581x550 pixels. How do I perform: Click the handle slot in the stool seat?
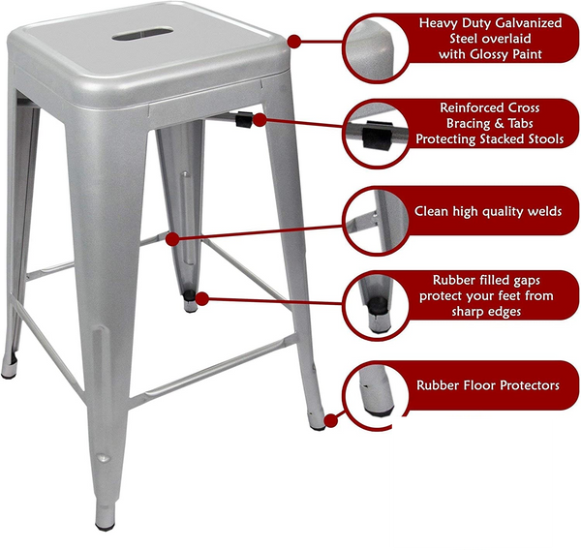[142, 33]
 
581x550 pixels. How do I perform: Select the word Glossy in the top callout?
[489, 54]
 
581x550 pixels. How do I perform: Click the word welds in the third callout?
[544, 211]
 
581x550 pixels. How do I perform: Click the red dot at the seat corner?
[294, 42]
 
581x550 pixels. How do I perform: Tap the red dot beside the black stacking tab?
[260, 120]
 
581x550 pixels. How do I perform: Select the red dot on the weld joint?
[172, 239]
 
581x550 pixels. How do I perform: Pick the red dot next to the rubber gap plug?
[202, 298]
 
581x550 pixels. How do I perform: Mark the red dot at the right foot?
[331, 421]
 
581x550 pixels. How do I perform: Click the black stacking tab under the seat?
[244, 119]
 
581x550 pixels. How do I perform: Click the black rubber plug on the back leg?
[190, 295]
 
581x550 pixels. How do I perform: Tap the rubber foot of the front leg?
[105, 527]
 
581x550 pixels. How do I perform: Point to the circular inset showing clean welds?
[376, 222]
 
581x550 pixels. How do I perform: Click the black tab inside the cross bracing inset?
[378, 136]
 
